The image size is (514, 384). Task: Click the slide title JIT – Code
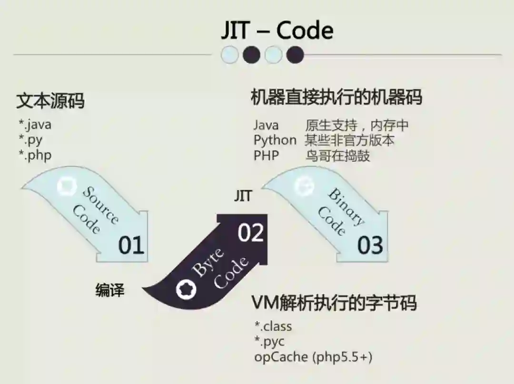277,31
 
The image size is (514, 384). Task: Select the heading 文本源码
50,101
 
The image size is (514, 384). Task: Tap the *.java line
35,125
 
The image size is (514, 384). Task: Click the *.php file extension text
35,155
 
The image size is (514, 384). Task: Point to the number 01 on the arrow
131,245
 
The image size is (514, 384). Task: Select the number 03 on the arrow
370,245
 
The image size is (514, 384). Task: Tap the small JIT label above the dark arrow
243,196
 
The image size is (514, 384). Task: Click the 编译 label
110,290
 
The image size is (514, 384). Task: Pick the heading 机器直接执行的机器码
336,97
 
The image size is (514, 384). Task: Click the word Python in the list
275,140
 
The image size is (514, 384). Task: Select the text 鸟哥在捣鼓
337,155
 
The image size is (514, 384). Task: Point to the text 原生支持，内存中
357,125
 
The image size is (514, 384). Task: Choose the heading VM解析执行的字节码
334,303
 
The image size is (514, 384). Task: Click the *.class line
273,326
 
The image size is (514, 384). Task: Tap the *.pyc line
270,342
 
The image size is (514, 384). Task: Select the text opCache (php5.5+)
313,357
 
